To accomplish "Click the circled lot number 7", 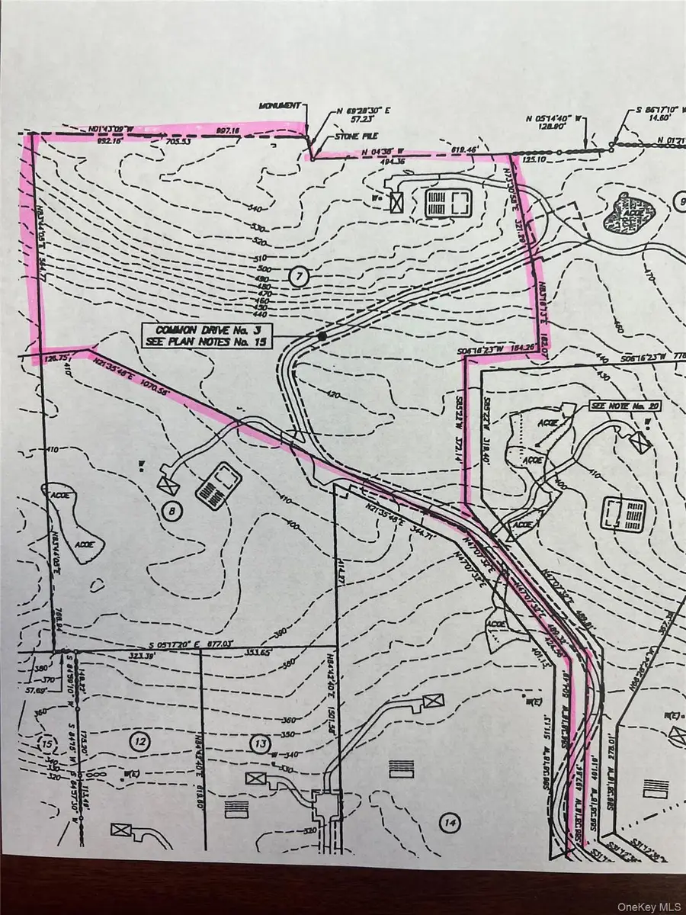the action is coord(298,278).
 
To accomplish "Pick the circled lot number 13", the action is coord(261,741).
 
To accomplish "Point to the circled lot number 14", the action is coord(451,822).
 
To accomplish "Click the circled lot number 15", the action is coord(49,743).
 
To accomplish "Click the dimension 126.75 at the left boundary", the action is coord(58,355).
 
